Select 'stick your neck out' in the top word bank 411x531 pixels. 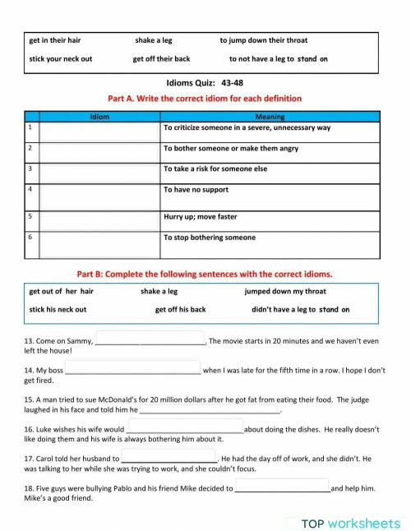pos(61,59)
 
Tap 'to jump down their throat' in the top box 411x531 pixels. pos(264,39)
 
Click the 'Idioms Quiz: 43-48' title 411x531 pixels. pos(205,82)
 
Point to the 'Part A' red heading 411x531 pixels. pos(205,99)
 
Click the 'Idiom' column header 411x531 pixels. pos(99,117)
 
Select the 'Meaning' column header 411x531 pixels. pos(270,117)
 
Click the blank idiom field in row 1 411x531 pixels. pos(99,132)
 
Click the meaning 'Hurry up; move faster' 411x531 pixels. pos(200,217)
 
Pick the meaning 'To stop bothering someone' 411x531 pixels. pos(210,238)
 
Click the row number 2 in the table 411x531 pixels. pos(30,148)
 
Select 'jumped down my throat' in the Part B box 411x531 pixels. pos(285,291)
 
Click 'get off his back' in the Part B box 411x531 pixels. pos(181,310)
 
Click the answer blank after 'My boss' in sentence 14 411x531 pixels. pos(132,369)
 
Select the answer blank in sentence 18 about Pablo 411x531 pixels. pos(282,487)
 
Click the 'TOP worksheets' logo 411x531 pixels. pos(349,523)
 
